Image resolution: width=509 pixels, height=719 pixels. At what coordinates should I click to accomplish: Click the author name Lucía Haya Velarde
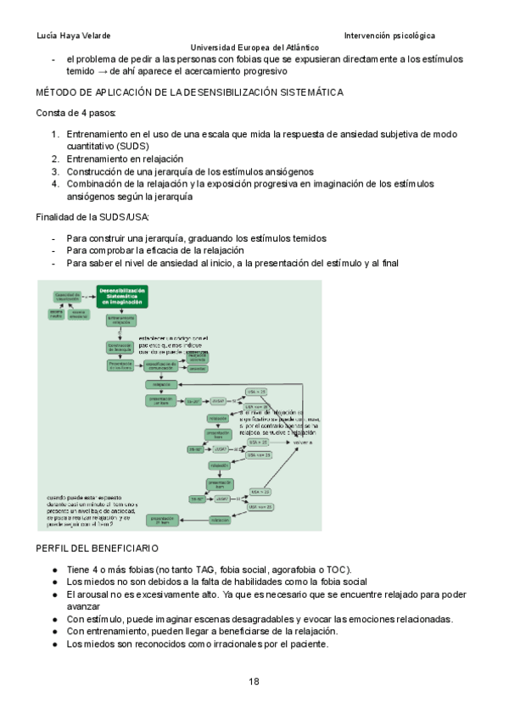pyautogui.click(x=74, y=36)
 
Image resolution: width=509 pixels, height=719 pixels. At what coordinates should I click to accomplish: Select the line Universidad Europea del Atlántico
pyautogui.click(x=255, y=48)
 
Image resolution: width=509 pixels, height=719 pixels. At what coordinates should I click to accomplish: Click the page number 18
pyautogui.click(x=255, y=681)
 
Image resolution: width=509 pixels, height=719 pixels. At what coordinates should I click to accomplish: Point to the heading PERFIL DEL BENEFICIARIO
pyautogui.click(x=103, y=549)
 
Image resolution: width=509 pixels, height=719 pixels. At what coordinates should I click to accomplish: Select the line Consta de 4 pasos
pyautogui.click(x=76, y=113)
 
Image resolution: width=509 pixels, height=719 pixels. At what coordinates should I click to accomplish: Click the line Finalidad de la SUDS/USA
pyautogui.click(x=92, y=220)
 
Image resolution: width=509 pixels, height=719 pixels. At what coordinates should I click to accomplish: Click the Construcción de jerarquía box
pyautogui.click(x=120, y=347)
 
